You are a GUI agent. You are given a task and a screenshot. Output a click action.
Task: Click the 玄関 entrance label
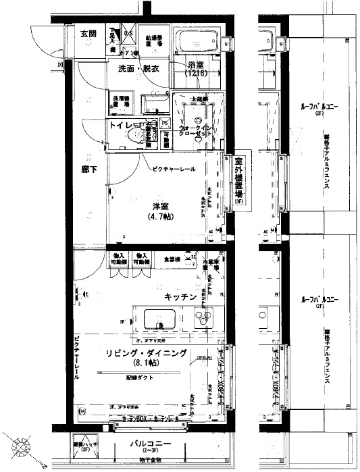(x=88, y=33)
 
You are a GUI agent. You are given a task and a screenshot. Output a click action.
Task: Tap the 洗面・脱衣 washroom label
(x=138, y=69)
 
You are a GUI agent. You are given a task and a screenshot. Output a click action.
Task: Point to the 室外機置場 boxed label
(x=239, y=181)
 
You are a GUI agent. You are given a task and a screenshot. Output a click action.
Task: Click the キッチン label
(x=180, y=296)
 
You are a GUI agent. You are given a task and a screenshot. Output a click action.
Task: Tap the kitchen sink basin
(x=159, y=317)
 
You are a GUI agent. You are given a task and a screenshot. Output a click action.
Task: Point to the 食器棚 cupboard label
(x=171, y=259)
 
